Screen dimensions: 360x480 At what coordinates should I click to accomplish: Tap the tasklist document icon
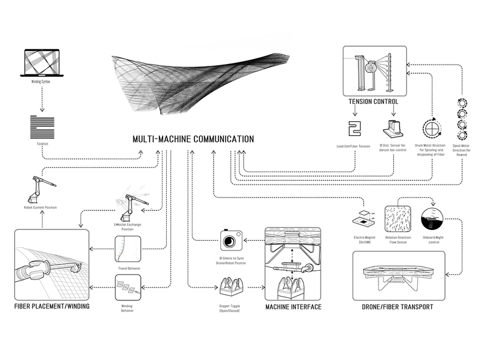tap(41, 128)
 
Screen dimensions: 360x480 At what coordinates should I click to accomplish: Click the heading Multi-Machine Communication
tap(193, 139)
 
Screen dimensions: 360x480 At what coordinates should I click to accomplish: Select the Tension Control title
tap(373, 102)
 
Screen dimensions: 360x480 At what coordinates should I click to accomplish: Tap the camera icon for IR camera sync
tap(231, 240)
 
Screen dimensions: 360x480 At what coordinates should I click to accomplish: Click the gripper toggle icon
tap(232, 286)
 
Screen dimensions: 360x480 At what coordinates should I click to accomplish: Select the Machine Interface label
tap(293, 306)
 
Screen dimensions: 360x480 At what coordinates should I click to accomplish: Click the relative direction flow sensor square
tap(397, 219)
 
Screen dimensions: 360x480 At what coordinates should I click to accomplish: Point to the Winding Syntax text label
tap(41, 81)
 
